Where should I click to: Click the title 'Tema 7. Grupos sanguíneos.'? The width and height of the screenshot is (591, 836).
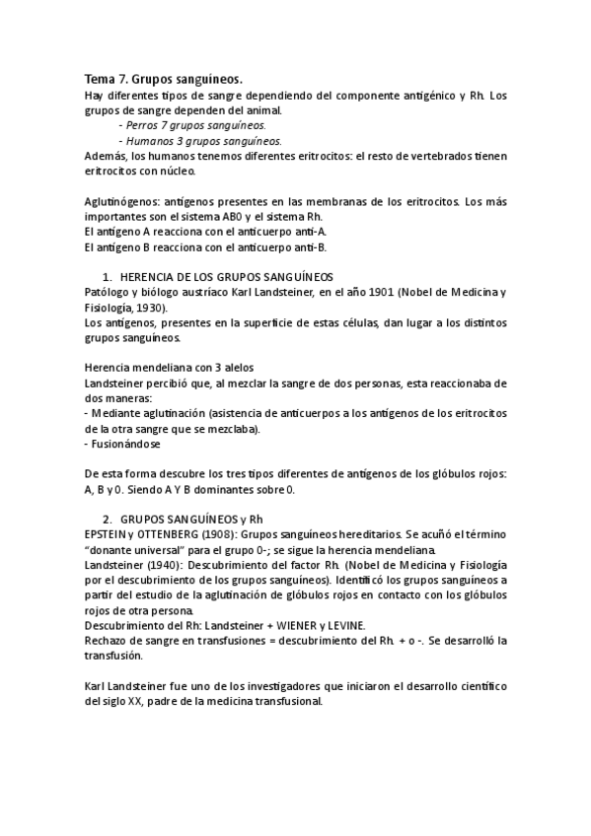pos(163,79)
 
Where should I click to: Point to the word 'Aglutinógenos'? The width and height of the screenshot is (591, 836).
pos(120,201)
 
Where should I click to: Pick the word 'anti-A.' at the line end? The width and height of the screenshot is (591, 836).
pos(307,232)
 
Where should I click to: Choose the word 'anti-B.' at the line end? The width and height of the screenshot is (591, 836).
pos(307,246)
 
